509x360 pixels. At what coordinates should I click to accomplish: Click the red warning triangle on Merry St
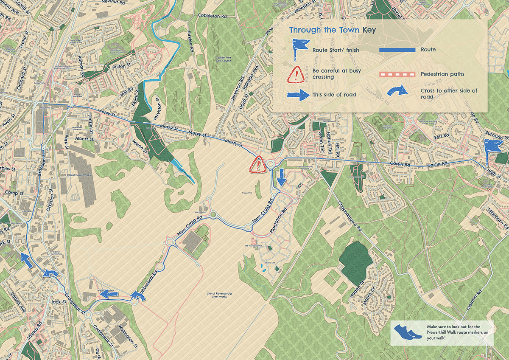pyautogui.click(x=257, y=164)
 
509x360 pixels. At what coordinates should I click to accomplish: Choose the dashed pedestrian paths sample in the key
pyautogui.click(x=397, y=74)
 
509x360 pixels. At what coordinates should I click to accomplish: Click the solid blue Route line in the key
pyautogui.click(x=397, y=50)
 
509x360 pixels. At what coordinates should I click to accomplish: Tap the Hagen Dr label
pyautogui.click(x=360, y=288)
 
